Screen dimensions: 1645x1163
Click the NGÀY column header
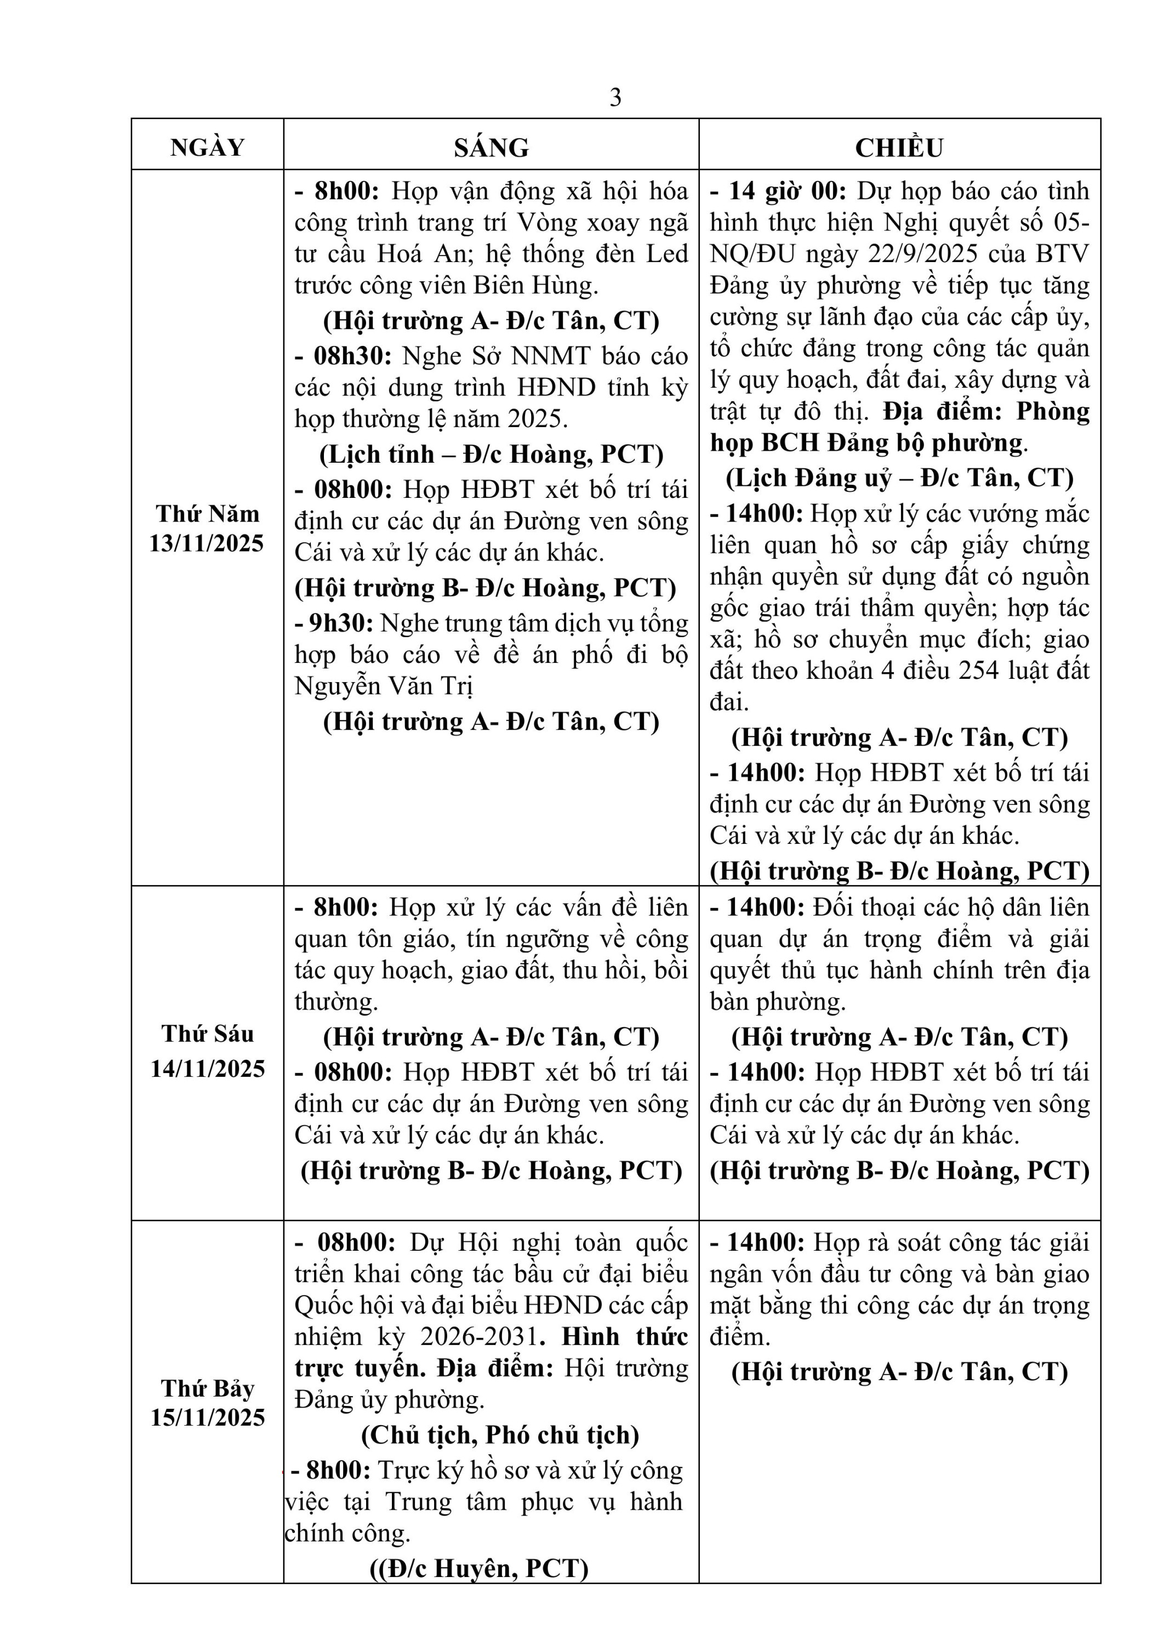pyautogui.click(x=207, y=147)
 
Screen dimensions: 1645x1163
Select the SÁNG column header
pyautogui.click(x=491, y=147)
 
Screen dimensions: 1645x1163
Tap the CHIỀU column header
pyautogui.click(x=899, y=147)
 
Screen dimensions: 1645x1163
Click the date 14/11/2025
pyautogui.click(x=208, y=1069)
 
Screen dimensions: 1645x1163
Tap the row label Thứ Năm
pyautogui.click(x=208, y=514)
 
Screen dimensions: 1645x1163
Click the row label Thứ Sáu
pyautogui.click(x=208, y=1034)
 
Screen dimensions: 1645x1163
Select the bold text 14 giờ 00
pyautogui.click(x=786, y=191)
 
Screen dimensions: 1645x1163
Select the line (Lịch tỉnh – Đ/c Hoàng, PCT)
pyautogui.click(x=491, y=454)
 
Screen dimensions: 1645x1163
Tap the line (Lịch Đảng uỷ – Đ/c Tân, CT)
pyautogui.click(x=899, y=478)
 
